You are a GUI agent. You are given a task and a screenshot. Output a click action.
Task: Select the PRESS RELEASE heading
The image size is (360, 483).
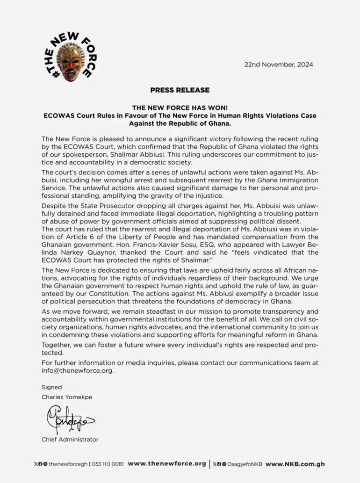[180, 90]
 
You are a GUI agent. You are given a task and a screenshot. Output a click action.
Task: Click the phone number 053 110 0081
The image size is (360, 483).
[108, 464]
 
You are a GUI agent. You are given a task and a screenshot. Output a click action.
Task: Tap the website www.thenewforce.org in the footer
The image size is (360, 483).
[166, 464]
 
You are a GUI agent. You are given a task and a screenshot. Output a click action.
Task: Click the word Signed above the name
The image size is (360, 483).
[51, 387]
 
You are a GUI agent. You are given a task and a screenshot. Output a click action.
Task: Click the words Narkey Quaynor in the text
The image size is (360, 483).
[77, 252]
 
